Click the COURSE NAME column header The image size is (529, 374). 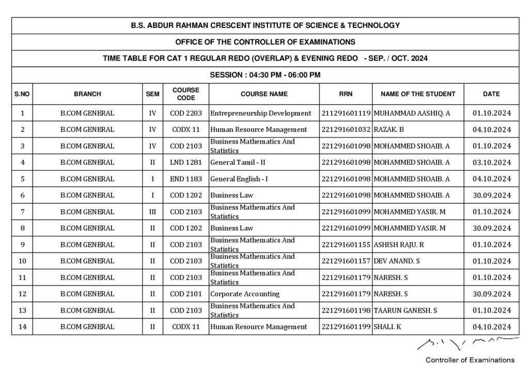point(264,94)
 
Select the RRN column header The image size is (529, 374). point(346,94)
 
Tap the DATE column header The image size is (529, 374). point(491,94)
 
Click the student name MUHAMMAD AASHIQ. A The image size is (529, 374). point(411,113)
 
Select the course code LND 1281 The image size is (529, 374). point(185,162)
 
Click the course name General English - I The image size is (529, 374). point(239,179)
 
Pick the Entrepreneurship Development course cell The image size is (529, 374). point(260,113)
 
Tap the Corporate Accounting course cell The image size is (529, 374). point(244,294)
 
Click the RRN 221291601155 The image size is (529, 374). point(346,245)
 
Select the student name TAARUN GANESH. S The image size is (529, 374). point(406,310)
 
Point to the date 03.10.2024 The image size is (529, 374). point(491,162)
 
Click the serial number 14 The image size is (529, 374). point(22,327)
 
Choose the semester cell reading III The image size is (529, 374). point(152,212)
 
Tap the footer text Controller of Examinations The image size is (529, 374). point(469,360)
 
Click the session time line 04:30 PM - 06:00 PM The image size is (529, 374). point(265,75)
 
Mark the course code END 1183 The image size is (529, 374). point(185,179)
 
